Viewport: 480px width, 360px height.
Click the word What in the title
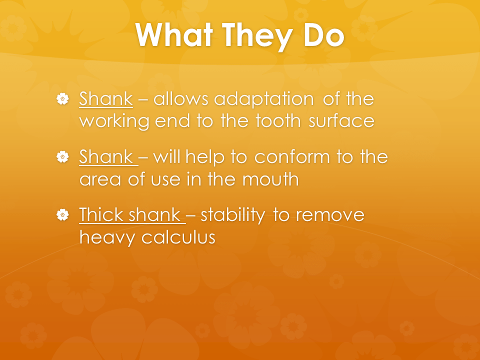pos(174,35)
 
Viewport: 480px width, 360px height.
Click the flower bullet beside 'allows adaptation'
pos(63,99)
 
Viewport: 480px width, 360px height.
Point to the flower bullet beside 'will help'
pos(63,156)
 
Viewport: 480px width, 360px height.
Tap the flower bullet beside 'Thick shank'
pos(63,214)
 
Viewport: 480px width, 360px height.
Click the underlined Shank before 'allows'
pos(106,98)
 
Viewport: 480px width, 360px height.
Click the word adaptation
pos(264,99)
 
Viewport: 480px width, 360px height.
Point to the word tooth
pos(278,120)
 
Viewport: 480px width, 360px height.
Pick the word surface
pos(341,120)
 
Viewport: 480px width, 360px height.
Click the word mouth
pos(270,179)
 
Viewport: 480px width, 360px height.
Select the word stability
pos(233,215)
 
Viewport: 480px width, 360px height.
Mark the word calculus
pos(178,237)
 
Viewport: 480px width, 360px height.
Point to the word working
pos(114,121)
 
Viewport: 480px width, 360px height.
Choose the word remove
pos(330,215)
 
